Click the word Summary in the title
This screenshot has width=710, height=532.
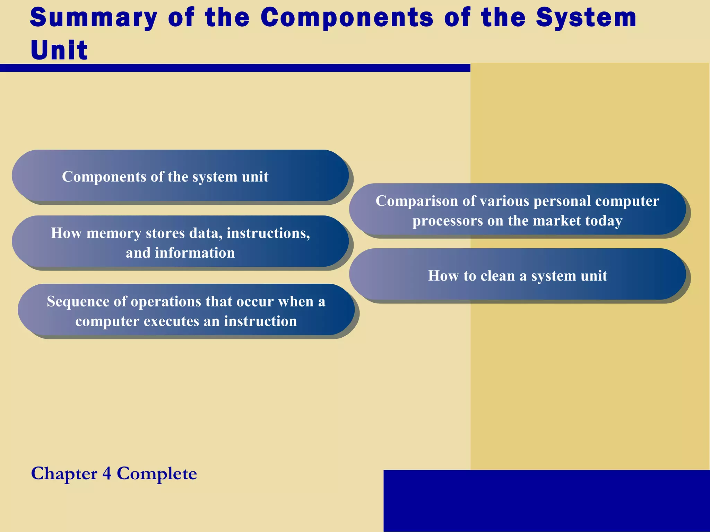coord(94,18)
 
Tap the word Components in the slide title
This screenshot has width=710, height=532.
coord(347,18)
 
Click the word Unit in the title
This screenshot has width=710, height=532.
coord(59,50)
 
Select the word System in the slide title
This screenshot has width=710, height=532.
coord(586,18)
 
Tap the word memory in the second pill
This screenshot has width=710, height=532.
coord(113,233)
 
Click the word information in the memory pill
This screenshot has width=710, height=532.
coord(194,253)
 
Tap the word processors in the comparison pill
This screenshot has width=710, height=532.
coord(447,221)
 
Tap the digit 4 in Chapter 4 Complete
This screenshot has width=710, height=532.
coord(107,473)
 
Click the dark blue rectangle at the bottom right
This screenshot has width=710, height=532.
coord(546,500)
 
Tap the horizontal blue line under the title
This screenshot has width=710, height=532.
coord(235,68)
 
